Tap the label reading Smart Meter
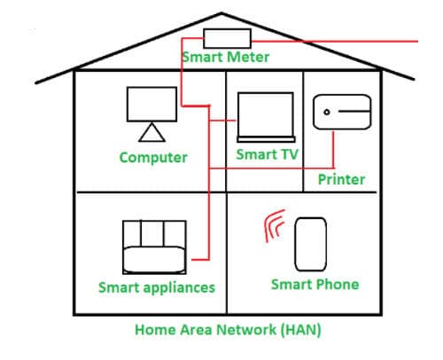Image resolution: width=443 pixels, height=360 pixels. pyautogui.click(x=226, y=57)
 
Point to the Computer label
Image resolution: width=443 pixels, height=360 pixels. pyautogui.click(x=153, y=158)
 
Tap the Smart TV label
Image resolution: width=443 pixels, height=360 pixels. pyautogui.click(x=268, y=154)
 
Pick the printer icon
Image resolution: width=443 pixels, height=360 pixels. pyautogui.click(x=342, y=112)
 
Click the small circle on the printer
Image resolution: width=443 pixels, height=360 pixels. pyautogui.click(x=327, y=112)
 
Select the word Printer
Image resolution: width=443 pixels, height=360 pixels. pyautogui.click(x=341, y=179)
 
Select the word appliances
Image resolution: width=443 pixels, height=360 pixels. pyautogui.click(x=179, y=288)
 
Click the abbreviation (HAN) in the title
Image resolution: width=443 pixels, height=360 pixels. pyautogui.click(x=300, y=330)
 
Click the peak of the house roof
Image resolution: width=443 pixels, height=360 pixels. pyautogui.click(x=221, y=13)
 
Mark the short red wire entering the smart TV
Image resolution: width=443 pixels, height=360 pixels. pyautogui.click(x=222, y=121)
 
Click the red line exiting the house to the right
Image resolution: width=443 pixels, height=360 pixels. pyautogui.click(x=335, y=42)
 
